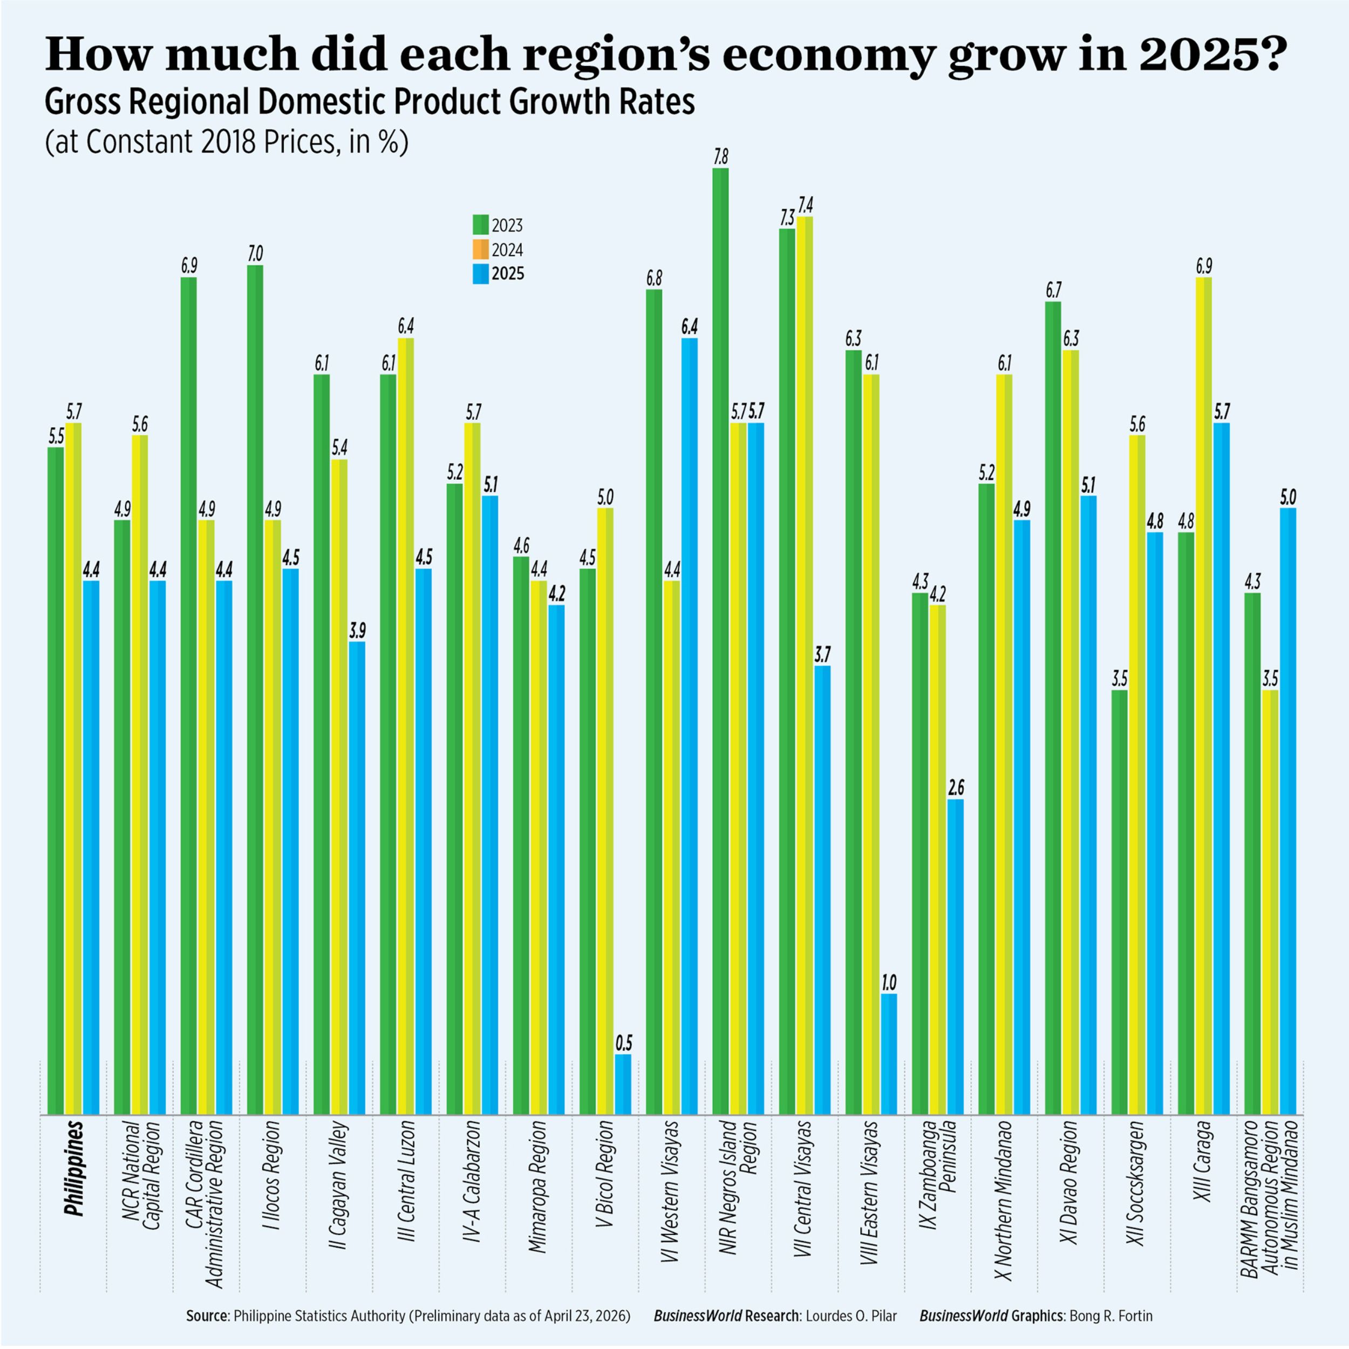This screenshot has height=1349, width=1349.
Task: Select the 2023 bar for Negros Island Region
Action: tap(720, 642)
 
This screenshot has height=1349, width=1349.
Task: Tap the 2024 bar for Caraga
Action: tap(1203, 698)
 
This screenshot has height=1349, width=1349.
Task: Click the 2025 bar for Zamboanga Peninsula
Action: tap(956, 957)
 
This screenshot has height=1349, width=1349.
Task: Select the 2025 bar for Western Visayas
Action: tap(690, 726)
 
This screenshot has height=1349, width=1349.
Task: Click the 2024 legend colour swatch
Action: tap(480, 249)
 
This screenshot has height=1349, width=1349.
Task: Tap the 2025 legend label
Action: tap(508, 274)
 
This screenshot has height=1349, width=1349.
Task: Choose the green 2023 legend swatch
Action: tap(480, 225)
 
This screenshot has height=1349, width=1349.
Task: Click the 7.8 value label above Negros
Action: tap(720, 157)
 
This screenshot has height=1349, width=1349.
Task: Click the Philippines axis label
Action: tap(74, 1178)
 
